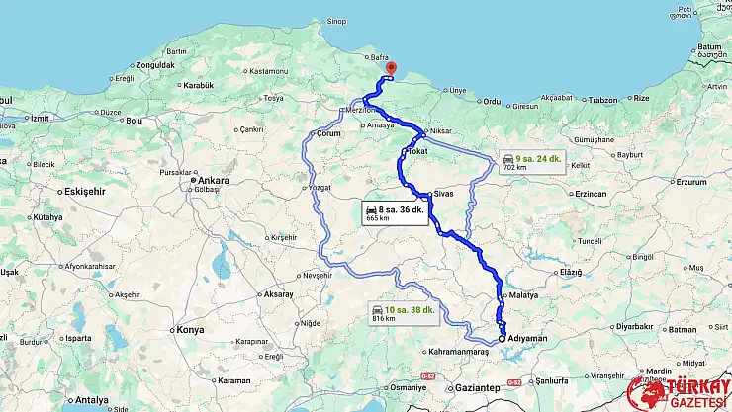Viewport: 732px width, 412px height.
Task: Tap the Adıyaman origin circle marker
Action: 502,337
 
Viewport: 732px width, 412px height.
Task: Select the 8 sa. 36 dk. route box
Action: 395,213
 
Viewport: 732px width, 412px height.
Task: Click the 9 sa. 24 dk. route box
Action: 531,162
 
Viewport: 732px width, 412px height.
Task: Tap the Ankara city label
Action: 213,180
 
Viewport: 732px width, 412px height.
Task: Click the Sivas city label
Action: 443,193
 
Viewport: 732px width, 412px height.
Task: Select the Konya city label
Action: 189,329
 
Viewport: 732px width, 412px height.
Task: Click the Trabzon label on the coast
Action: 602,99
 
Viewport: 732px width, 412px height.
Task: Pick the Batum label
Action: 710,46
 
